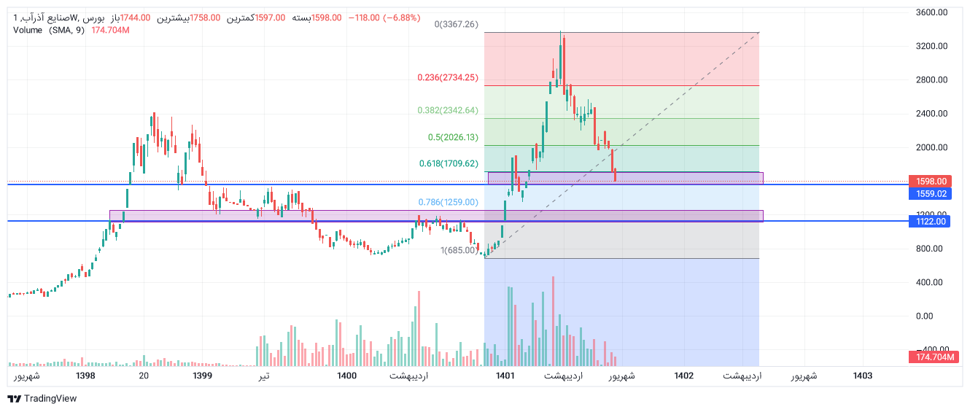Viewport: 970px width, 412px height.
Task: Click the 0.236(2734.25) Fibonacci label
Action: [x=448, y=77]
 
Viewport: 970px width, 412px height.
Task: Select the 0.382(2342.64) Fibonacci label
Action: [x=448, y=110]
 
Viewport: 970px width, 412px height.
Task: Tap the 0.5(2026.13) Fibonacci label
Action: [x=453, y=137]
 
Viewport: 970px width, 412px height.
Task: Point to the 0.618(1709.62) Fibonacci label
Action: [x=449, y=163]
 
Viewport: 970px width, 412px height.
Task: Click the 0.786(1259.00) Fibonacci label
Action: [x=449, y=202]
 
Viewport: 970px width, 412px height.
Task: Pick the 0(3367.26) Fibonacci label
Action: [x=457, y=24]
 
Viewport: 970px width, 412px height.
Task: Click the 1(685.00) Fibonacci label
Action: [x=459, y=250]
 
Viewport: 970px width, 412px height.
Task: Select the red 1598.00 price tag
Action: [x=931, y=182]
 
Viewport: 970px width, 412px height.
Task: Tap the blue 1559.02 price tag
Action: [x=931, y=193]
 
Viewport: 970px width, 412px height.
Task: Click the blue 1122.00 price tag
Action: [x=930, y=222]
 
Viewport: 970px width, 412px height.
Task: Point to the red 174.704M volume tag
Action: [x=934, y=357]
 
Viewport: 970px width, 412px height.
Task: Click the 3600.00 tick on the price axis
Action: [x=931, y=12]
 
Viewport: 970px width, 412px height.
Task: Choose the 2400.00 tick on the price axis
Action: [x=931, y=113]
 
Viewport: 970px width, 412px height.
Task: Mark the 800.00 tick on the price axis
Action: [x=929, y=249]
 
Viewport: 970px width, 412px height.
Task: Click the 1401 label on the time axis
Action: [x=505, y=376]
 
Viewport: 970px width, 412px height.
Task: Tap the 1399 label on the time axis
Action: [x=202, y=376]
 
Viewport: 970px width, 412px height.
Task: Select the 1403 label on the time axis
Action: [x=862, y=376]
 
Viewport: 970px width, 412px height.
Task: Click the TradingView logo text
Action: [x=50, y=399]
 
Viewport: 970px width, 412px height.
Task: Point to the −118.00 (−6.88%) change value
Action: [x=384, y=18]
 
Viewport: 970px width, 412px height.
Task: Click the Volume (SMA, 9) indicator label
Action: [x=49, y=30]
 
